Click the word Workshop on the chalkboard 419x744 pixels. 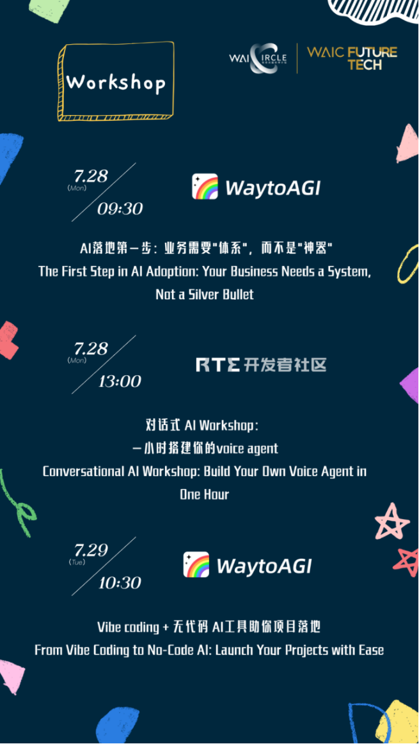click(115, 82)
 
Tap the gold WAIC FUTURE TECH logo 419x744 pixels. click(352, 58)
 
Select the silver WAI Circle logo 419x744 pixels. click(259, 58)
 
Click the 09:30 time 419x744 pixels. click(120, 209)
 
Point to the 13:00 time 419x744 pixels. click(120, 381)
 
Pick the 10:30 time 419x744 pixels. click(120, 583)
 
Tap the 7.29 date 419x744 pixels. click(91, 550)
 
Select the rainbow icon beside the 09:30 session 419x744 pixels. click(205, 187)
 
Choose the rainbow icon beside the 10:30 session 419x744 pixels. click(196, 564)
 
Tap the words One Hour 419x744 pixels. click(204, 495)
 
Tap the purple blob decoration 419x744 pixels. click(409, 384)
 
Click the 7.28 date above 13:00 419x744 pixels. click(91, 349)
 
